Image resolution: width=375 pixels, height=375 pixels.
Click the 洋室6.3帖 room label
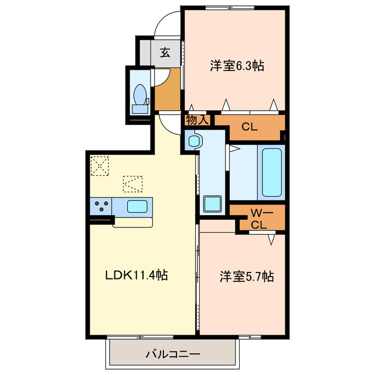click(236, 66)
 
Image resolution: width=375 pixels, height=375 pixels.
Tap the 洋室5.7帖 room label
click(247, 275)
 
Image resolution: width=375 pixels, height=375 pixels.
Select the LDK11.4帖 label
click(137, 274)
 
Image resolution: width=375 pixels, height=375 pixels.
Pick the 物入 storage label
click(197, 120)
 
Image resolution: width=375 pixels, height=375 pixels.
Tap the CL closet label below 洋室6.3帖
click(249, 126)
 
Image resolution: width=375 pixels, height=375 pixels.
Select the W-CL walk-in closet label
click(258, 217)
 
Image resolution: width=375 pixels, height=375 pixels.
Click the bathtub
click(271, 172)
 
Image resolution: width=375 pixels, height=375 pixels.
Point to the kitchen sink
click(138, 206)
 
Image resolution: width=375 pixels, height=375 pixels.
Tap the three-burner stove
click(101, 206)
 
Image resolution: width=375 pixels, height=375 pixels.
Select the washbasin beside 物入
click(194, 141)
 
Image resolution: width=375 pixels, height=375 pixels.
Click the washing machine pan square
click(211, 204)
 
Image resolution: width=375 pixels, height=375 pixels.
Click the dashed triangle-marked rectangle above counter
click(133, 183)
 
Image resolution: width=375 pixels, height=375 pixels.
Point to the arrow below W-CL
click(272, 240)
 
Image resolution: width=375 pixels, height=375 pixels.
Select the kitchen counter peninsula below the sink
click(133, 221)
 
